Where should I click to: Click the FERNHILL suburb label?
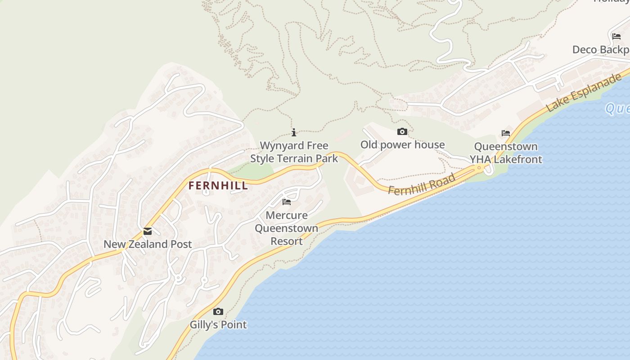click(218, 185)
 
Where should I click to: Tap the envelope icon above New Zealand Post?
click(148, 232)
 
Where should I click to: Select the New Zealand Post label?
click(148, 244)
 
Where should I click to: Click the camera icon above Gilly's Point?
click(218, 312)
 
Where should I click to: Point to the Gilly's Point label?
click(218, 324)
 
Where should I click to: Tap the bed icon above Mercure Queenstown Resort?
click(287, 202)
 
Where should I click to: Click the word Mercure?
click(287, 215)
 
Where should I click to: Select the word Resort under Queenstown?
click(287, 241)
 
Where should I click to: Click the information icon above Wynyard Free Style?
click(294, 132)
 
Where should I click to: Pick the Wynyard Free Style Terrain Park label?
click(294, 152)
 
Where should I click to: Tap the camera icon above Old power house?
click(402, 132)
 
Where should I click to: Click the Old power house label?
click(402, 145)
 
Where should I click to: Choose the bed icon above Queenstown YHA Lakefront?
click(506, 133)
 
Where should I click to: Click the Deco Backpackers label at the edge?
click(601, 49)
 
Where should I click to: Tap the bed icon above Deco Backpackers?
click(616, 36)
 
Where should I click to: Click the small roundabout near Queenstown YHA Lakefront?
click(479, 168)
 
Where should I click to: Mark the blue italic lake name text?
click(617, 108)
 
